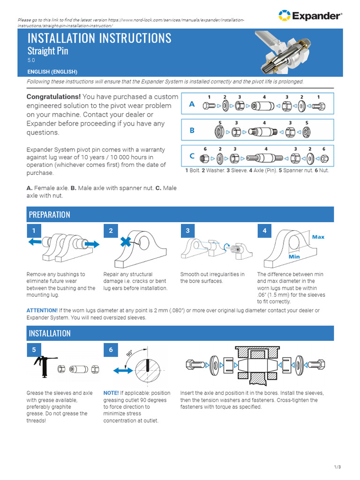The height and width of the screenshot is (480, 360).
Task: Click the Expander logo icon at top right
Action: [x=284, y=15]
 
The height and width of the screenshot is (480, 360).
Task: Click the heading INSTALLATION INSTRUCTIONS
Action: [x=99, y=38]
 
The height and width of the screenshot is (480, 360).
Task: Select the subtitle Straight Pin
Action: [x=48, y=51]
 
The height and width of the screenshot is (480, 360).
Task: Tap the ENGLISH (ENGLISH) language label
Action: [x=52, y=72]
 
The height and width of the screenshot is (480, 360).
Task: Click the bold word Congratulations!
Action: [x=53, y=97]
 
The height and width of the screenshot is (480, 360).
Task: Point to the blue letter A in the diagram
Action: [x=192, y=105]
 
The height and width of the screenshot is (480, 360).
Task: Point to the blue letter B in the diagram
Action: [x=192, y=131]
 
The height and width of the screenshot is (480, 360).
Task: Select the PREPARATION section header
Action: [x=49, y=215]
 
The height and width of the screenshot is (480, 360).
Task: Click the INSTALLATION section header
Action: [x=50, y=333]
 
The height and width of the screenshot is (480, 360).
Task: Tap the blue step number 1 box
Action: [x=34, y=231]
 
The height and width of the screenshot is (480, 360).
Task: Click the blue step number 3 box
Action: [x=187, y=231]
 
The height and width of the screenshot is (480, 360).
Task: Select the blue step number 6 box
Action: [x=111, y=350]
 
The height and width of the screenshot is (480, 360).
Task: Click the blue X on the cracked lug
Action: [x=126, y=242]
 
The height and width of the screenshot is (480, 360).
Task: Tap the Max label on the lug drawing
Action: [x=318, y=237]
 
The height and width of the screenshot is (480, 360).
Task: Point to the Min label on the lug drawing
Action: [x=294, y=257]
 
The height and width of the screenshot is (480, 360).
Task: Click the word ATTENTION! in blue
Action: [x=42, y=310]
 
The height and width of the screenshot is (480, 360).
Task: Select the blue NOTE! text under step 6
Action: [x=111, y=393]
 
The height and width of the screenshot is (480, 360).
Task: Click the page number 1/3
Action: [x=337, y=467]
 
